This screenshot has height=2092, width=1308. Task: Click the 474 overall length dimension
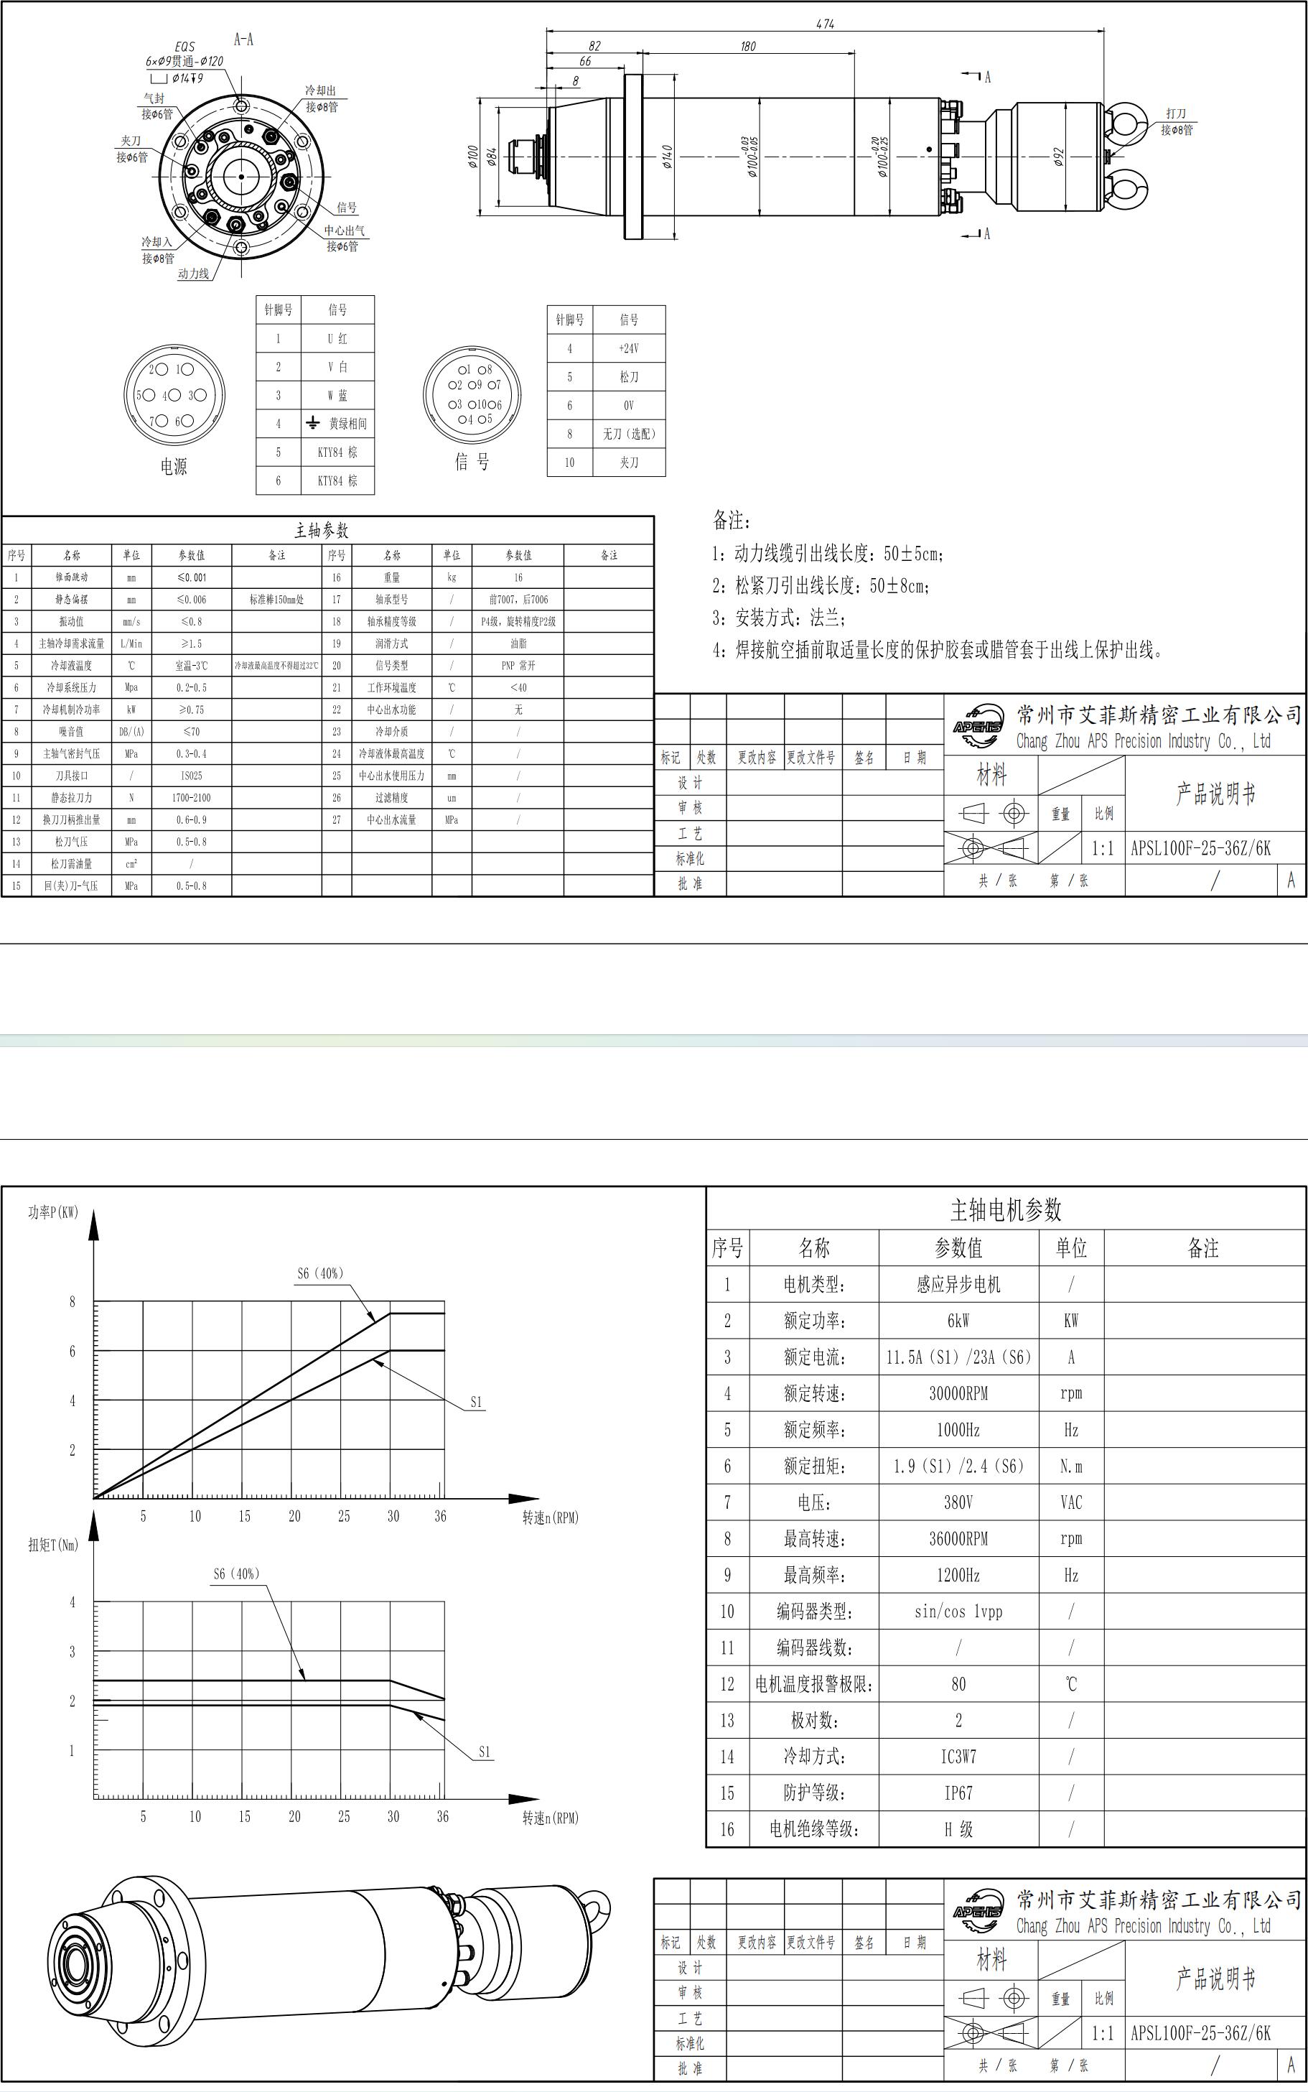pyautogui.click(x=824, y=24)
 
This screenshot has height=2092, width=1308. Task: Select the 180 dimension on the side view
pyautogui.click(x=747, y=47)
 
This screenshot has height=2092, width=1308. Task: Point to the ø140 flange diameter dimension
pyautogui.click(x=667, y=157)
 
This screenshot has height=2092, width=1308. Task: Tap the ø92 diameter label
pyautogui.click(x=1059, y=157)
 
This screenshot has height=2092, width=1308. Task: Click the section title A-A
pyautogui.click(x=244, y=39)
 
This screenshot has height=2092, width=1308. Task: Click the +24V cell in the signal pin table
pyautogui.click(x=629, y=348)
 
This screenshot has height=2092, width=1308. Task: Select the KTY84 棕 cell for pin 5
pyautogui.click(x=337, y=452)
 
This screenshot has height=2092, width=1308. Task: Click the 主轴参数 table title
pyautogui.click(x=322, y=530)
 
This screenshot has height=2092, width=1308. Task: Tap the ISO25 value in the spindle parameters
pyautogui.click(x=191, y=775)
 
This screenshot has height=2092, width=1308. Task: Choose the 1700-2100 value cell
pyautogui.click(x=191, y=798)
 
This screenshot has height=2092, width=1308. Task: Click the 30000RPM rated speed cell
pyautogui.click(x=958, y=1394)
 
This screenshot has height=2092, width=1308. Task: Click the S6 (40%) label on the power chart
pyautogui.click(x=320, y=1273)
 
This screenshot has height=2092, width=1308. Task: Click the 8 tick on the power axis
pyautogui.click(x=73, y=1301)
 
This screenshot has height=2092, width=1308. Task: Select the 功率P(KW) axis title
pyautogui.click(x=53, y=1212)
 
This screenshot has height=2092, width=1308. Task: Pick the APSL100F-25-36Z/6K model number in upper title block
pyautogui.click(x=1201, y=848)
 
